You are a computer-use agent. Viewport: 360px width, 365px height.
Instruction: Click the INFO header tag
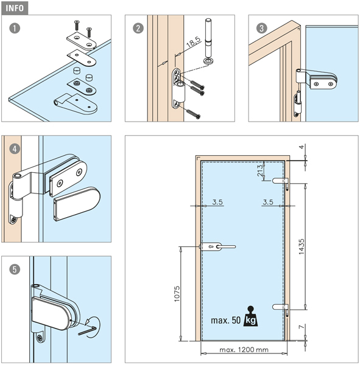(x=15, y=8)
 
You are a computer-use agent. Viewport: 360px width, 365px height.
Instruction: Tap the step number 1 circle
(x=15, y=29)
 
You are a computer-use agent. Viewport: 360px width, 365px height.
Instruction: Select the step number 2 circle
(x=138, y=29)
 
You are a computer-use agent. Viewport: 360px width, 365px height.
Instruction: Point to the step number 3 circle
(x=261, y=29)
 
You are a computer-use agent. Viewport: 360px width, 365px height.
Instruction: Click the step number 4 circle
(x=15, y=149)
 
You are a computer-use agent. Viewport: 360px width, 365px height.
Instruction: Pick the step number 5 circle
(x=15, y=269)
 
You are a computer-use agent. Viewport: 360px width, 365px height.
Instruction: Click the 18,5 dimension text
(x=194, y=42)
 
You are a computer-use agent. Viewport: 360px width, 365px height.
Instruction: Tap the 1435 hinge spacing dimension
(x=302, y=247)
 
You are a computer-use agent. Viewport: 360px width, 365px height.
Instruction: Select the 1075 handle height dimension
(x=177, y=294)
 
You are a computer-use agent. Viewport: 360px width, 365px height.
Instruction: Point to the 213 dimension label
(x=261, y=170)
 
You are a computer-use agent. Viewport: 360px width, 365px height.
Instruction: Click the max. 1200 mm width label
(x=244, y=350)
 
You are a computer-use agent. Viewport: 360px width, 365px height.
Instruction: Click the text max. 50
(x=225, y=321)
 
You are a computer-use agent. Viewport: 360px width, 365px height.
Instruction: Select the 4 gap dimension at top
(x=302, y=147)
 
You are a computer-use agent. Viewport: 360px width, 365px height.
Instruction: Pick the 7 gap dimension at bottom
(x=302, y=327)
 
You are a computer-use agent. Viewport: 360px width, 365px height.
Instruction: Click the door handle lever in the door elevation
(x=225, y=247)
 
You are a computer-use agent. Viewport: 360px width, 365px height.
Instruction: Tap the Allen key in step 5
(x=87, y=331)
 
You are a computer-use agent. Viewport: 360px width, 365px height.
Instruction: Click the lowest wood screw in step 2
(x=193, y=114)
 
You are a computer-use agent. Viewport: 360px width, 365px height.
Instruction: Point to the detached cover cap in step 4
(x=77, y=204)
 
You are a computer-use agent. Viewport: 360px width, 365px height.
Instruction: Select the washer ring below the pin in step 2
(x=208, y=61)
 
